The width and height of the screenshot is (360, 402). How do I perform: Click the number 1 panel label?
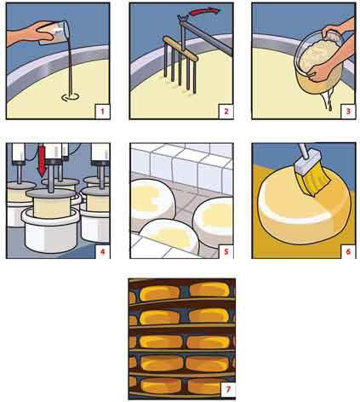click(102, 112)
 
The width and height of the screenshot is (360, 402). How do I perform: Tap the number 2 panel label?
click(226, 112)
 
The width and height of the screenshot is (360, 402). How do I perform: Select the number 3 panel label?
click(348, 112)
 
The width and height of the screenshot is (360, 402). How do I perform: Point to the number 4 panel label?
click(102, 251)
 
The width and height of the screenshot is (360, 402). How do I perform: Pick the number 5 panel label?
click(226, 251)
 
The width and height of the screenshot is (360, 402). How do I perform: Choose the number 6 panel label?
click(348, 251)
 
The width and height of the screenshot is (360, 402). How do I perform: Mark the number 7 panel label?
click(228, 390)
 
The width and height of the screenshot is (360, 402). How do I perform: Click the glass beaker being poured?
click(54, 32)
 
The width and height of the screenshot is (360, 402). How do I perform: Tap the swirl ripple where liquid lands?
click(70, 97)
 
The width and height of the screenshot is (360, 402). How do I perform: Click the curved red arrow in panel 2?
click(205, 11)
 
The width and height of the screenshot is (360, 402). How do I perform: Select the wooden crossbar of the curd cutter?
click(180, 49)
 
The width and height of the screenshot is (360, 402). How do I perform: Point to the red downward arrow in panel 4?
click(42, 161)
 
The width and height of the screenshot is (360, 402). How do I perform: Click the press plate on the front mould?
click(51, 193)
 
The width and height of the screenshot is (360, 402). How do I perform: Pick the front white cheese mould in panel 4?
click(50, 232)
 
